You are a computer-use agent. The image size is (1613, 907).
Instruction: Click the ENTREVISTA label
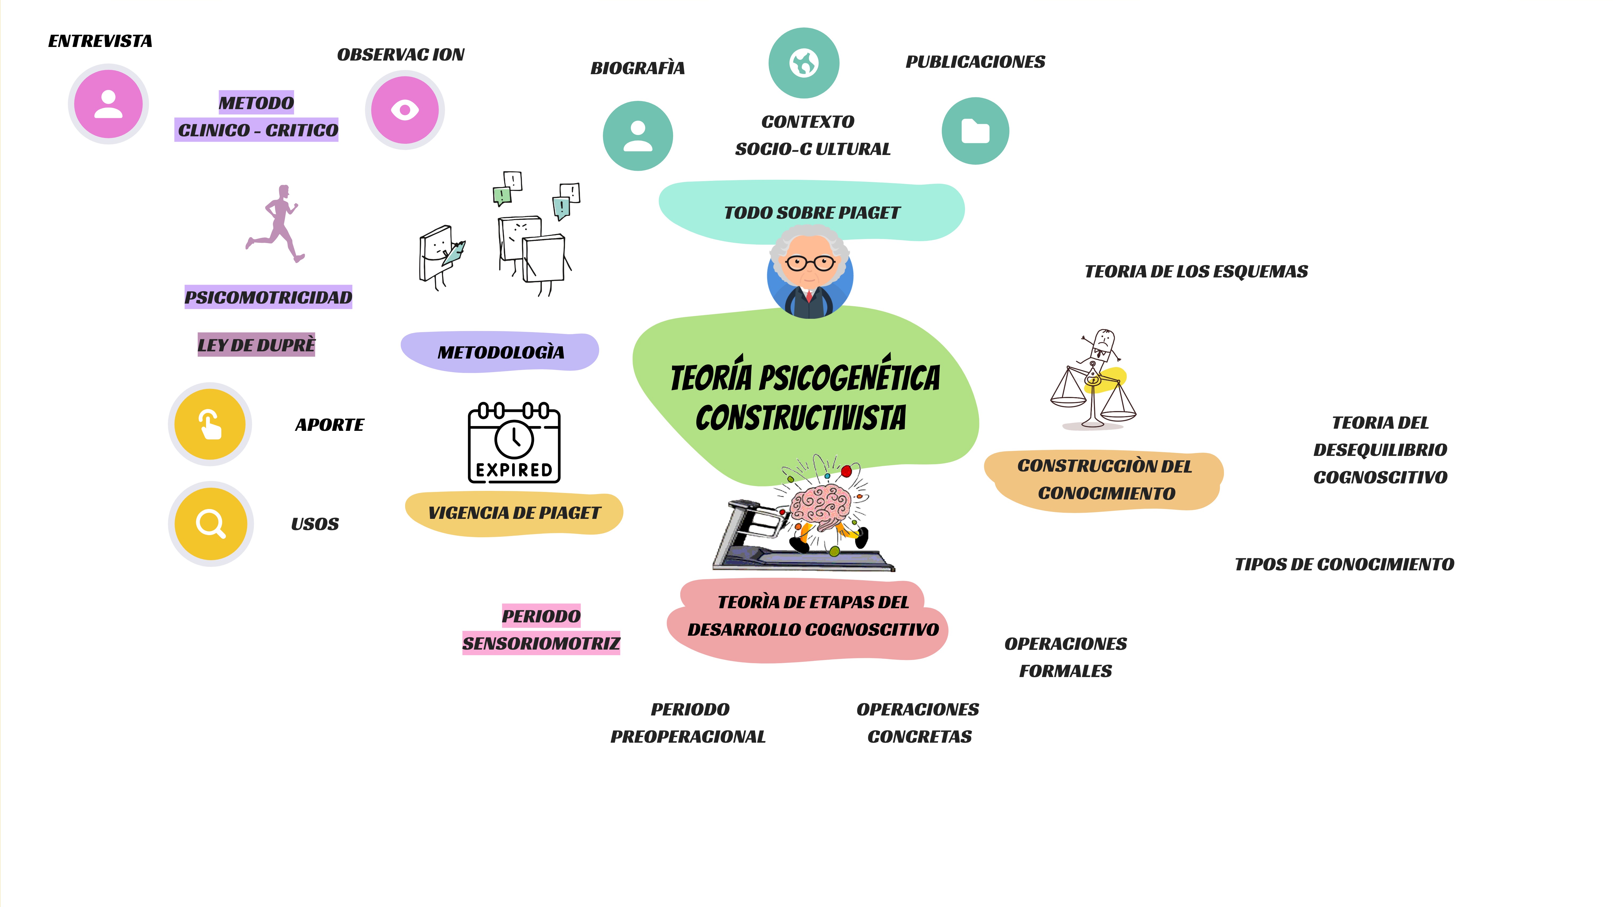click(100, 41)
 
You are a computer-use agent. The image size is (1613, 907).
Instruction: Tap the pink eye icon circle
click(405, 110)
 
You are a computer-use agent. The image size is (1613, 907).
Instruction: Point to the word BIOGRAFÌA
click(638, 68)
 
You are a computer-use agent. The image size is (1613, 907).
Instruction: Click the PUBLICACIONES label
click(975, 62)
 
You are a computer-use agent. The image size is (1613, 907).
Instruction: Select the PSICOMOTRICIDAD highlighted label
click(268, 297)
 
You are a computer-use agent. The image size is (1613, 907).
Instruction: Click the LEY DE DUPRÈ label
click(256, 345)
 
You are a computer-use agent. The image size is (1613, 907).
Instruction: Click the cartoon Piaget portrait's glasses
click(810, 263)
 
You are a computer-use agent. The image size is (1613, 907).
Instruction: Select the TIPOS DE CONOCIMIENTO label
click(1344, 564)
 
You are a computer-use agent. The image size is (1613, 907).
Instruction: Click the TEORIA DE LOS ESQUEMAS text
click(1196, 272)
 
